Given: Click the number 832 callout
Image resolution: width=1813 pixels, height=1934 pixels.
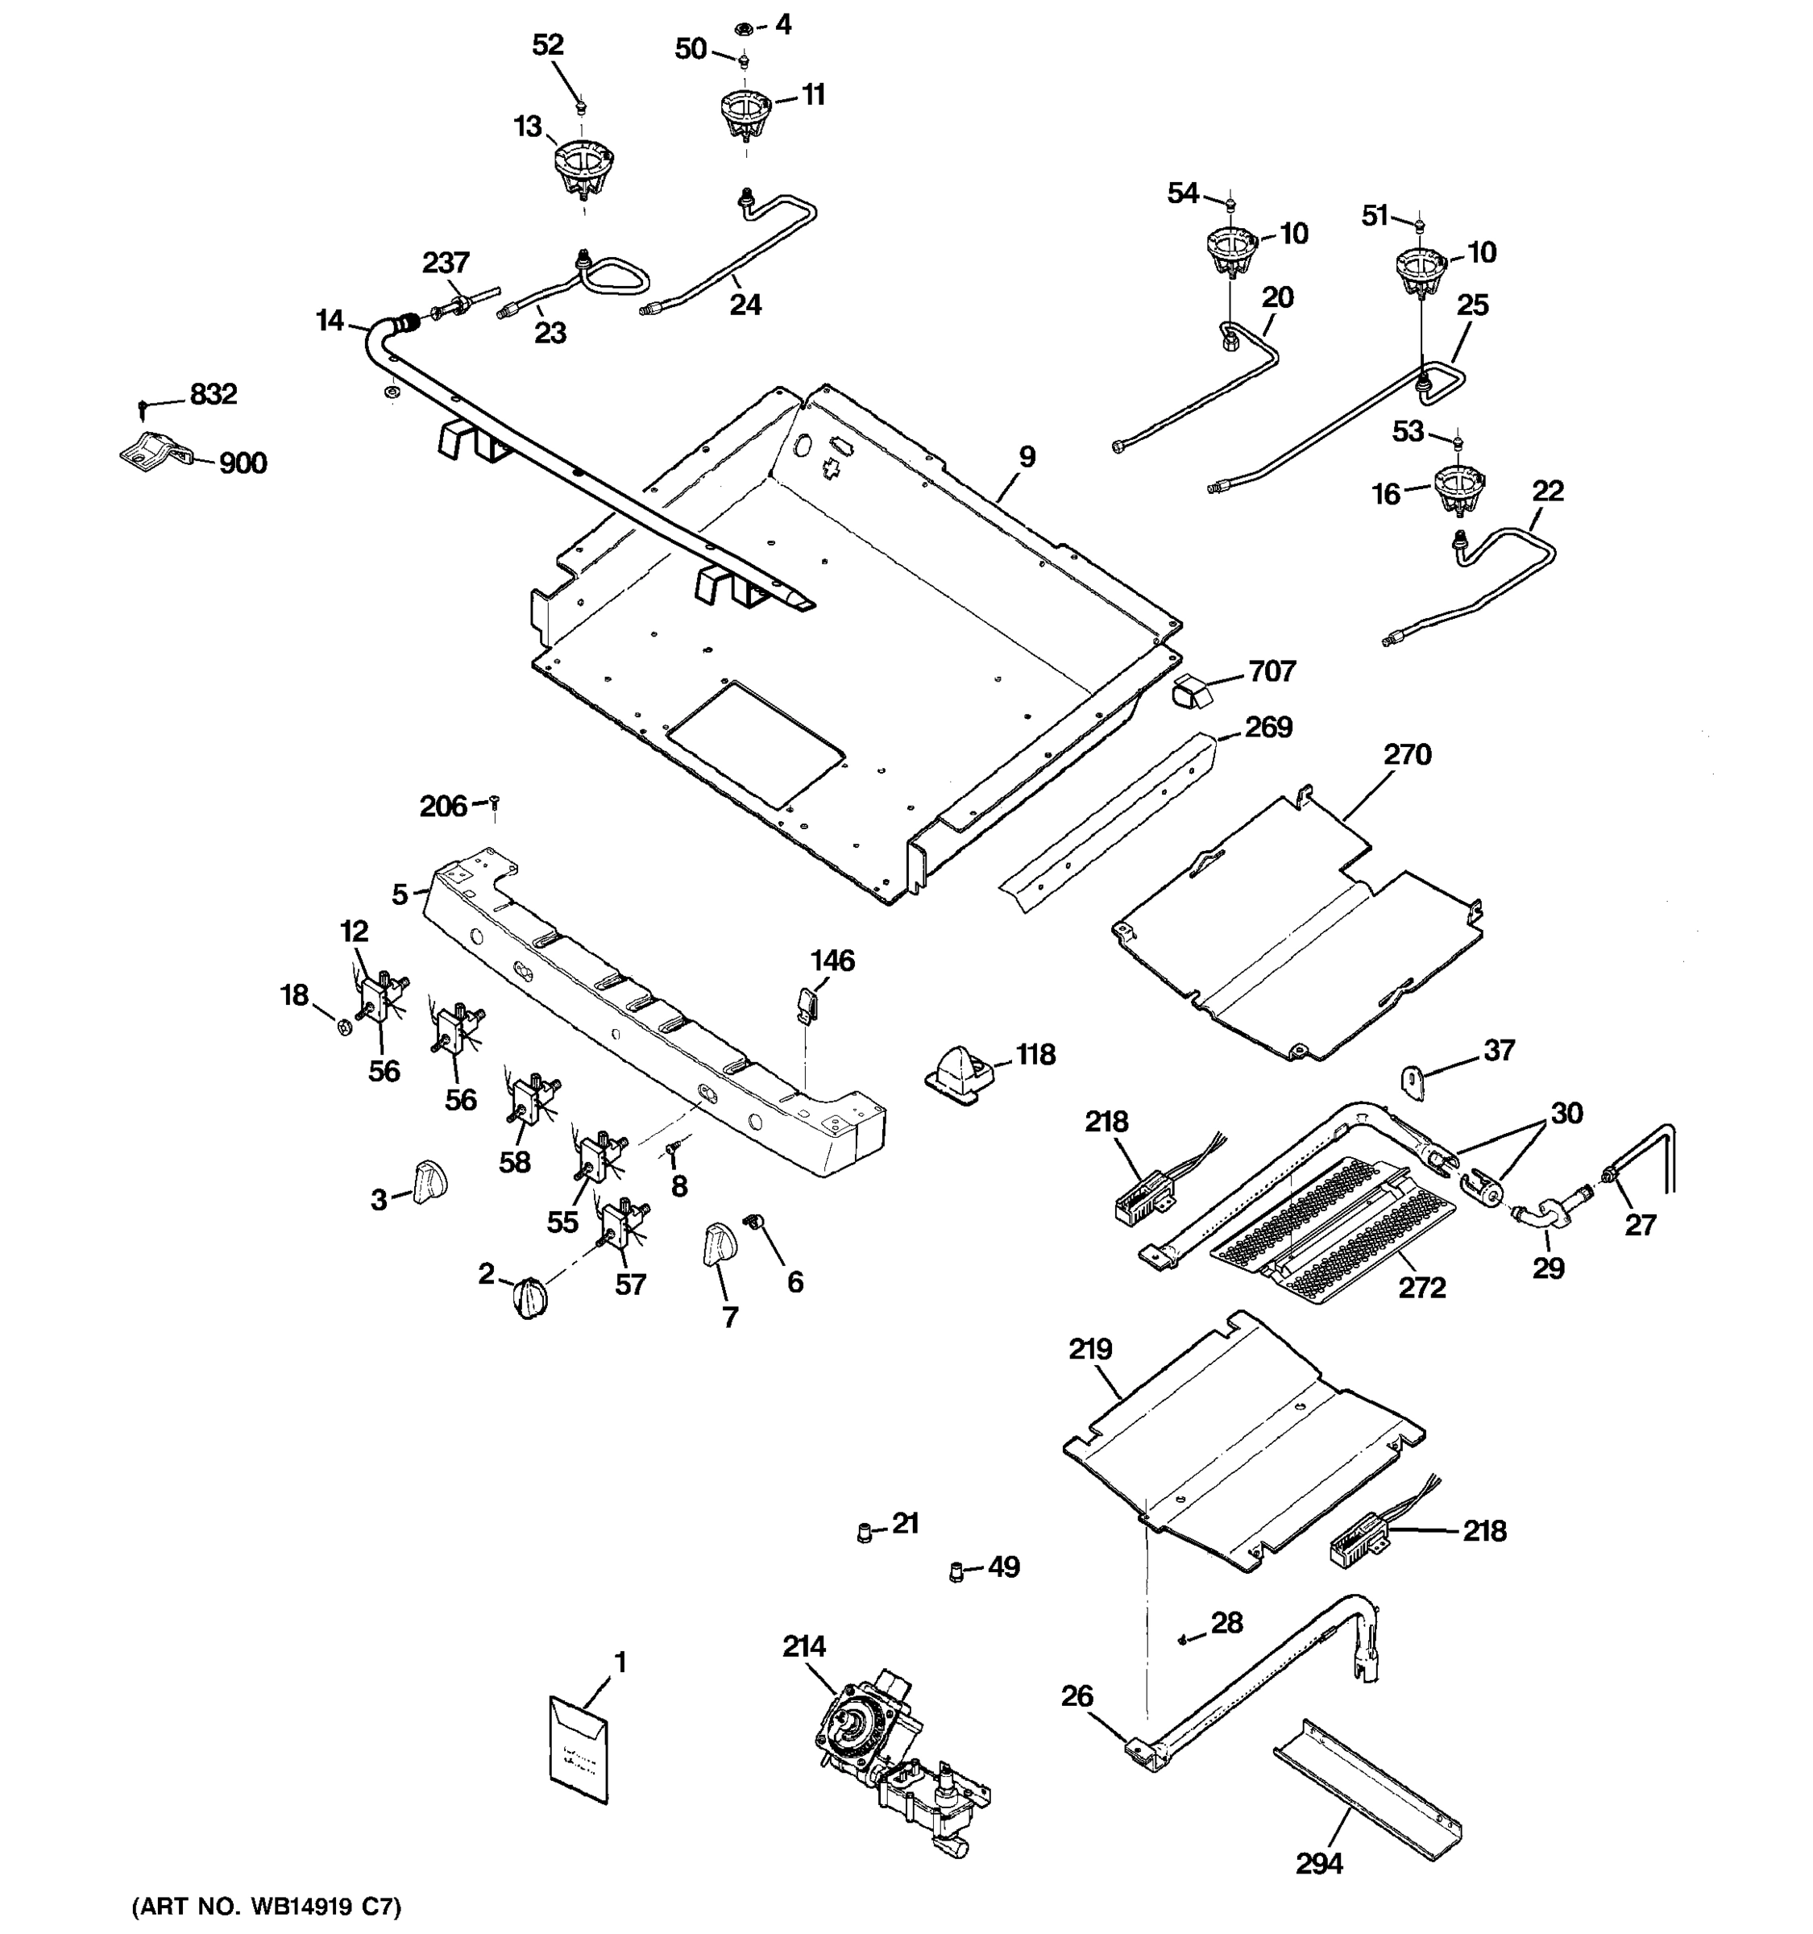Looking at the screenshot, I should tap(213, 394).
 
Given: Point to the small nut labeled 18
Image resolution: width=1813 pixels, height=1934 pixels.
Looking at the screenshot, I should tap(344, 1027).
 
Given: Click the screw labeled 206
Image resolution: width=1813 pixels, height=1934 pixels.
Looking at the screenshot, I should tap(494, 803).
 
